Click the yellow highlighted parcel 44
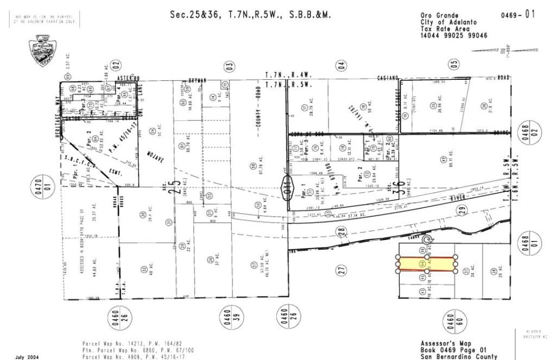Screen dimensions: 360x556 427,264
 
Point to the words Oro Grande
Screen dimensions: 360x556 439,15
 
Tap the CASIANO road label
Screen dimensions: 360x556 389,79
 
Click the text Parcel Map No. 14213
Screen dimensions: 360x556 118,343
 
